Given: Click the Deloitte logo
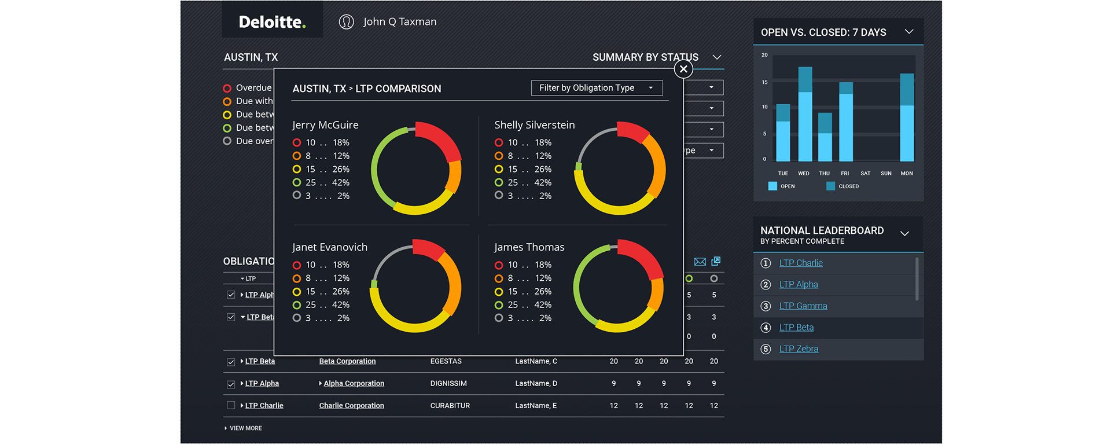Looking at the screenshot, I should [x=272, y=22].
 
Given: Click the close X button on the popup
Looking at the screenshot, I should [x=683, y=69].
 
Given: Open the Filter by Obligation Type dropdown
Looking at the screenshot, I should [x=597, y=88].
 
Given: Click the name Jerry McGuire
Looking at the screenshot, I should [x=325, y=125].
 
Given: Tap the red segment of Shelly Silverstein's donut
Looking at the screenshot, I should [x=633, y=131].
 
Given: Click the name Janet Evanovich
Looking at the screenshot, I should [x=329, y=247].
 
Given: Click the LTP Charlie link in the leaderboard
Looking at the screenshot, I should [x=800, y=263].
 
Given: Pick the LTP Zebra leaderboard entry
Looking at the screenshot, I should [x=799, y=349].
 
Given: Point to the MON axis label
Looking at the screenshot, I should [x=906, y=174].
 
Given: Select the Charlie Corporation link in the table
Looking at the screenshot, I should [x=351, y=406].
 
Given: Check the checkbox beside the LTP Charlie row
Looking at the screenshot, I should [x=231, y=406].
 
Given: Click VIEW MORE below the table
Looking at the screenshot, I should [x=245, y=428].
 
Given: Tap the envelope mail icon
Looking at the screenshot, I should [x=700, y=262].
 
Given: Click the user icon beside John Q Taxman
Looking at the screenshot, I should [x=346, y=22].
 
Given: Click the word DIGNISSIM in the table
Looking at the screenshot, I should [x=448, y=384].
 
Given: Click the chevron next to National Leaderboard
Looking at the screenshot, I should [x=904, y=234].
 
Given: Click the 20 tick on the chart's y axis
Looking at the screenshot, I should [x=764, y=55].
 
